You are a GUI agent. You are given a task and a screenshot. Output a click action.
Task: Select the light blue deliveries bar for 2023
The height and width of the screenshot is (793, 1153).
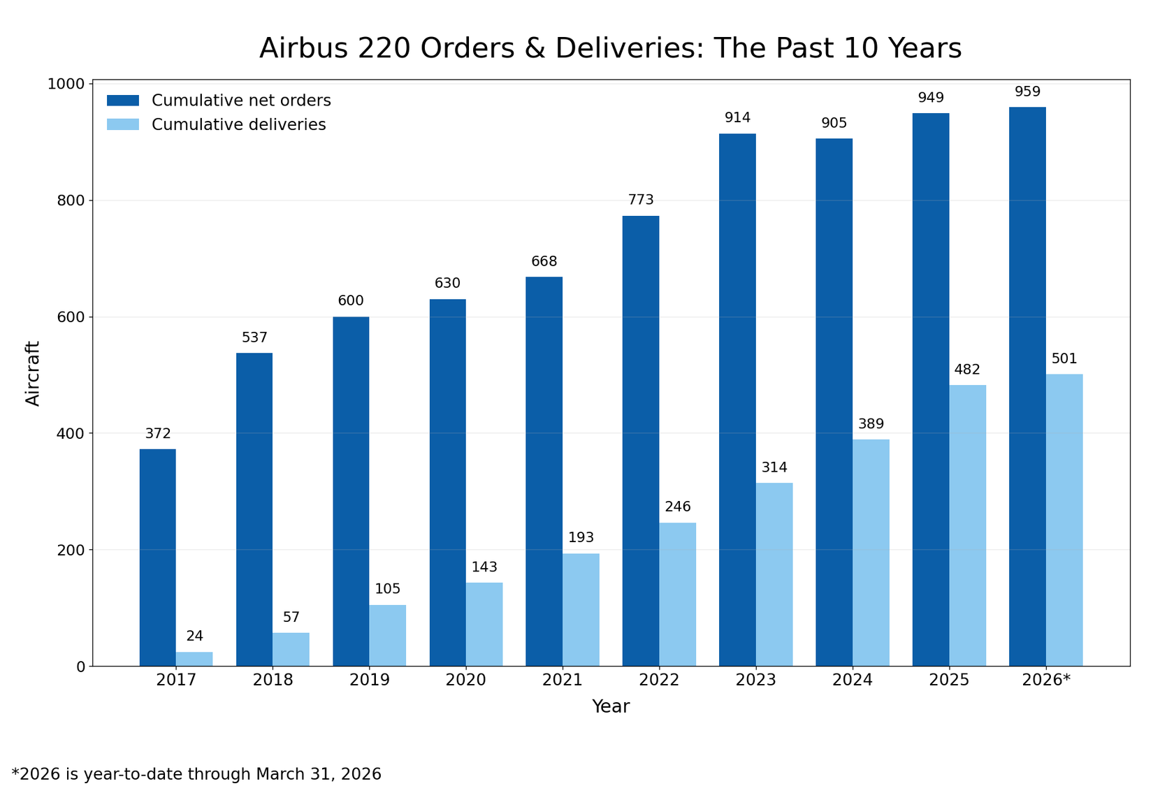[774, 574]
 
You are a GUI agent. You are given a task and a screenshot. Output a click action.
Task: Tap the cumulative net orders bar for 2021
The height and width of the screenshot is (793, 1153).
[544, 472]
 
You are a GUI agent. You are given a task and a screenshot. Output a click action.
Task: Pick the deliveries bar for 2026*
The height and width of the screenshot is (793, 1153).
[1064, 520]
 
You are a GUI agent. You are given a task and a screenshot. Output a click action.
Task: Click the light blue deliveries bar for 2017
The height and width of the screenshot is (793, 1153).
[194, 659]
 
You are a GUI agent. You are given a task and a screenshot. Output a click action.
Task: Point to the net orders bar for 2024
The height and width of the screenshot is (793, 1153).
[834, 402]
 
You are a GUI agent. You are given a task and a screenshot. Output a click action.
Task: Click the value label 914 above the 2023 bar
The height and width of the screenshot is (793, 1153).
[737, 118]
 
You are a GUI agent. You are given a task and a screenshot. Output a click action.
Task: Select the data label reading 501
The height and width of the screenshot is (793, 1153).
[1064, 359]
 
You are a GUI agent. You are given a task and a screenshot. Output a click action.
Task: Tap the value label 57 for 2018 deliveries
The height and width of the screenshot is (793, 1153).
[291, 618]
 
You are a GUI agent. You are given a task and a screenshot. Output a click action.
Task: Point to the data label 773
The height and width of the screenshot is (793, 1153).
[641, 200]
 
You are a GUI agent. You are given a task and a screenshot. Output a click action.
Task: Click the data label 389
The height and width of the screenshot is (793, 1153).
[871, 424]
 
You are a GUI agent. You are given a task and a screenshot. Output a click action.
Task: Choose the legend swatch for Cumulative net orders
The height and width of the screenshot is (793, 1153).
[123, 101]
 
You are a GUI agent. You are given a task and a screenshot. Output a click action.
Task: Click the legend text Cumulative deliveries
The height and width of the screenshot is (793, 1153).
[238, 125]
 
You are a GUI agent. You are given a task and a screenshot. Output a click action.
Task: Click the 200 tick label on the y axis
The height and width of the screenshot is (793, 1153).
[70, 550]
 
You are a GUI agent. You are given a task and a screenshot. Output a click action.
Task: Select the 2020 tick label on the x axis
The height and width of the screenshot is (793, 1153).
[466, 681]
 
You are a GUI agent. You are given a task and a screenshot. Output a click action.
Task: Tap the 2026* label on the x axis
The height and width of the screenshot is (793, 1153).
[1046, 681]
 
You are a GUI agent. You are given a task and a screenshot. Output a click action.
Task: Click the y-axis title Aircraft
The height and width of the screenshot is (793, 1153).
[33, 373]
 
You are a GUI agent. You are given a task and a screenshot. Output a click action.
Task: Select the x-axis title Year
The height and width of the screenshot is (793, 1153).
[611, 706]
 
